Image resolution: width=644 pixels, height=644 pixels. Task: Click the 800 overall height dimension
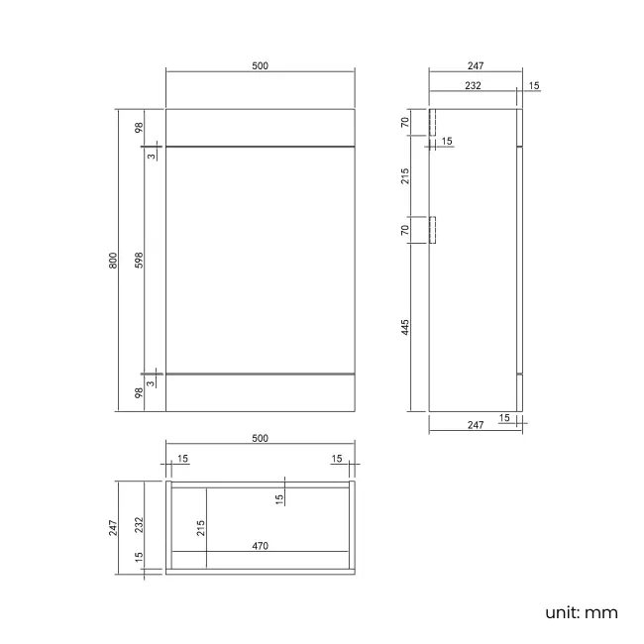(114, 261)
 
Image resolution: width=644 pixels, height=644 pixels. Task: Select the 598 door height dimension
(140, 261)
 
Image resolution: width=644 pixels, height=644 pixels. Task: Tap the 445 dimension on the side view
(406, 326)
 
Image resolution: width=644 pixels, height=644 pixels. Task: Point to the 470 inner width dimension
(260, 545)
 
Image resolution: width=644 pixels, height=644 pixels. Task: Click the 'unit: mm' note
(581, 612)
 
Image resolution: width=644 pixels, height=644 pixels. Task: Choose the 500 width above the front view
(260, 66)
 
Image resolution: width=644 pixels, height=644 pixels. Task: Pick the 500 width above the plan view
(260, 438)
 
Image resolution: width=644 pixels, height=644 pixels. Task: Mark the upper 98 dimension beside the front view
(140, 128)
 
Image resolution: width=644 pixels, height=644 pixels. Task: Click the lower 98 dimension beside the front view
(140, 392)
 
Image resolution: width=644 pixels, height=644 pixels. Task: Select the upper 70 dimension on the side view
(406, 123)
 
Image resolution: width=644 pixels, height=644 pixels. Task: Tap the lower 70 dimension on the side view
(406, 230)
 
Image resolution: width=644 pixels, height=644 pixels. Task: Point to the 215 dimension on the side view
(406, 176)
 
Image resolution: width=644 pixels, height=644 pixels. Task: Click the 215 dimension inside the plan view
(202, 527)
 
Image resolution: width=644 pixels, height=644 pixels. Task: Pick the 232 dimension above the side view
(473, 86)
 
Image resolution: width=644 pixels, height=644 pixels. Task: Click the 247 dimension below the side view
(475, 425)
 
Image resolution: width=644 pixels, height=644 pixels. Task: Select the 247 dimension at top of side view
(475, 66)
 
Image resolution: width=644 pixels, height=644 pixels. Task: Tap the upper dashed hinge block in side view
(432, 123)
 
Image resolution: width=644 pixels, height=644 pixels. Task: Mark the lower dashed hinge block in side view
(432, 230)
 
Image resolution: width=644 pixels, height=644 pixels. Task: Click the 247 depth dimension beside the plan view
(114, 526)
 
